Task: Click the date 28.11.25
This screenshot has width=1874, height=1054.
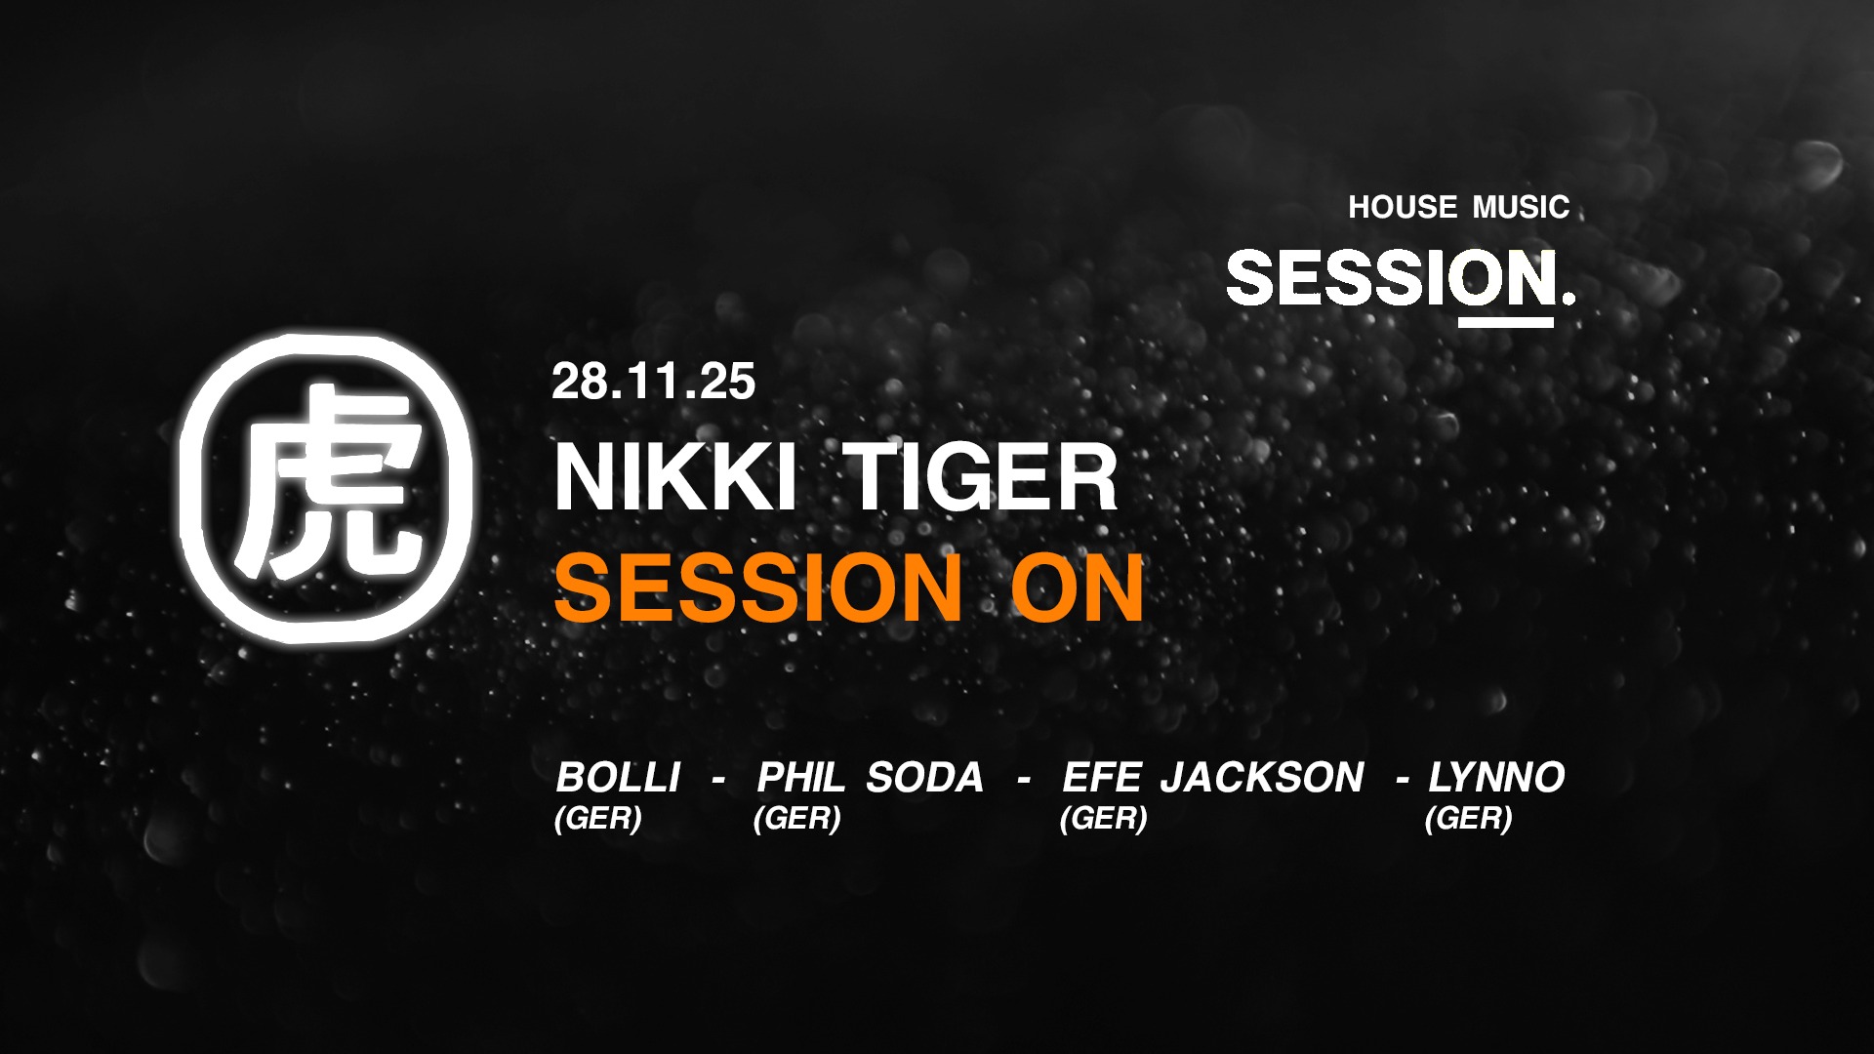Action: [653, 382]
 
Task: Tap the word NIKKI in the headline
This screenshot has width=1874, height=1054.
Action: [674, 477]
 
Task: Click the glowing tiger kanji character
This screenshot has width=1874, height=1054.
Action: [326, 485]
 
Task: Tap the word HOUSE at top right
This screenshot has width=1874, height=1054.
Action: [1403, 207]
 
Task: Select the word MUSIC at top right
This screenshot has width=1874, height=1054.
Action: [1521, 207]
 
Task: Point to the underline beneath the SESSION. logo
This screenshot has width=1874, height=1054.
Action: [1506, 322]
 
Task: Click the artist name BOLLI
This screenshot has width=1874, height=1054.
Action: [618, 778]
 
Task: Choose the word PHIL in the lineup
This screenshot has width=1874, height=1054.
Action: [801, 778]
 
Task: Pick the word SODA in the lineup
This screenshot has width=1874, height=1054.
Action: [924, 778]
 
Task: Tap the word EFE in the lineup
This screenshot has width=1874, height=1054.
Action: [1101, 778]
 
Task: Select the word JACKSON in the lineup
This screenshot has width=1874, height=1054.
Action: [1261, 778]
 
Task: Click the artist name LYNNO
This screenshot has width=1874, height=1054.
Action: [1496, 778]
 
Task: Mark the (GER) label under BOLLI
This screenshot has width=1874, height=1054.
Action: [597, 818]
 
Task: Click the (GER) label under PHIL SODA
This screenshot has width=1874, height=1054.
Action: [796, 818]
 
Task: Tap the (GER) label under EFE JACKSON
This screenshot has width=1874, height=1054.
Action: [1103, 818]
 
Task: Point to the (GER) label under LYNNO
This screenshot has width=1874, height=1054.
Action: [1468, 818]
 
